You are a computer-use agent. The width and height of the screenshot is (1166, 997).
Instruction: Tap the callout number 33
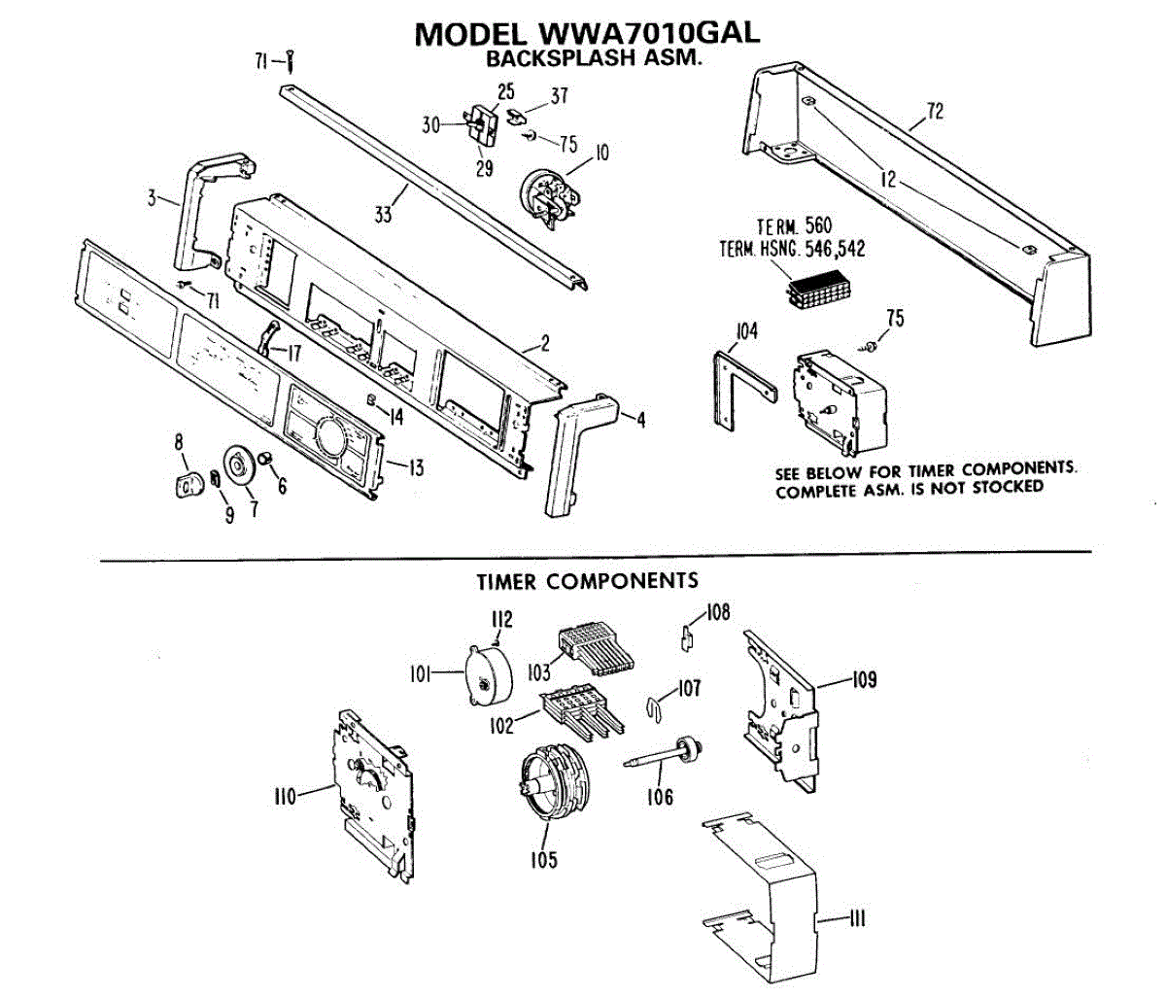pos(384,215)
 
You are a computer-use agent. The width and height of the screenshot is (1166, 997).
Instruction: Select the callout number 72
pos(934,111)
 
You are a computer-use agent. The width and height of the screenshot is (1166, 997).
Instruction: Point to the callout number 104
pos(746,332)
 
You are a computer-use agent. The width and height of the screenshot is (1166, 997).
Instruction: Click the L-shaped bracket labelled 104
pos(729,389)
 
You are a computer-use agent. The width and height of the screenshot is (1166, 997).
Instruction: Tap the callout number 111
pos(856,918)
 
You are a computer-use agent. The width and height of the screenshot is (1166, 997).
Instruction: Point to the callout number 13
pos(415,468)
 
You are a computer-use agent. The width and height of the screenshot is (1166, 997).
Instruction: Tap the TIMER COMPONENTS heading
pos(587,581)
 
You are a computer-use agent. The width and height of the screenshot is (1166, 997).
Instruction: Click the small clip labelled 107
pos(657,708)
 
